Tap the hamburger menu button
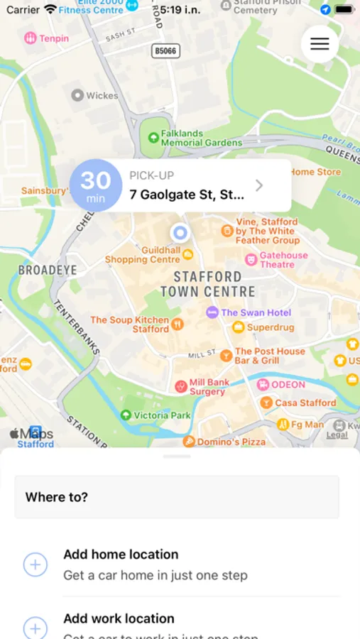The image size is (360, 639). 320,44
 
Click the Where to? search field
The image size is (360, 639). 177,497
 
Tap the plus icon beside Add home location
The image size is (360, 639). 36,564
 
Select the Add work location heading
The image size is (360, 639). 119,618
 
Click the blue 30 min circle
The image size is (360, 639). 96,185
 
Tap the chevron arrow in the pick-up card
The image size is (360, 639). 259,185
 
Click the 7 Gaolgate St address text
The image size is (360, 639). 186,195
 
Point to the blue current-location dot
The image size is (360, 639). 180,232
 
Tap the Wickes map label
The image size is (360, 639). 102,95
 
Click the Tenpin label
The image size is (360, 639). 54,38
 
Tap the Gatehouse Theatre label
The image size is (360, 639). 283,260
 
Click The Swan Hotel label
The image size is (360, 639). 256,312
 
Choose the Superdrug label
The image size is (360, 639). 270,327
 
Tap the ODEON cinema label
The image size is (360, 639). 288,385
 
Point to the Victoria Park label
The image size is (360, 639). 162,415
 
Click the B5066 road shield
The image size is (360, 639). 166,51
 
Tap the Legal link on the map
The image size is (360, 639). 337,435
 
